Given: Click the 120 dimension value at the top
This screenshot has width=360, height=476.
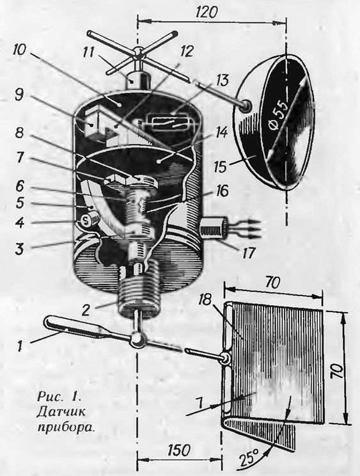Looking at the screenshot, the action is tap(207, 12).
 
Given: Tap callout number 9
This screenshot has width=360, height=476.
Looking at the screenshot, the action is tap(19, 96).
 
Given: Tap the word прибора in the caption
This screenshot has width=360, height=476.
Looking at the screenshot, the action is tap(65, 427).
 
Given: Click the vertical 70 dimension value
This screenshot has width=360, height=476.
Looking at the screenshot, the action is tap(338, 371).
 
